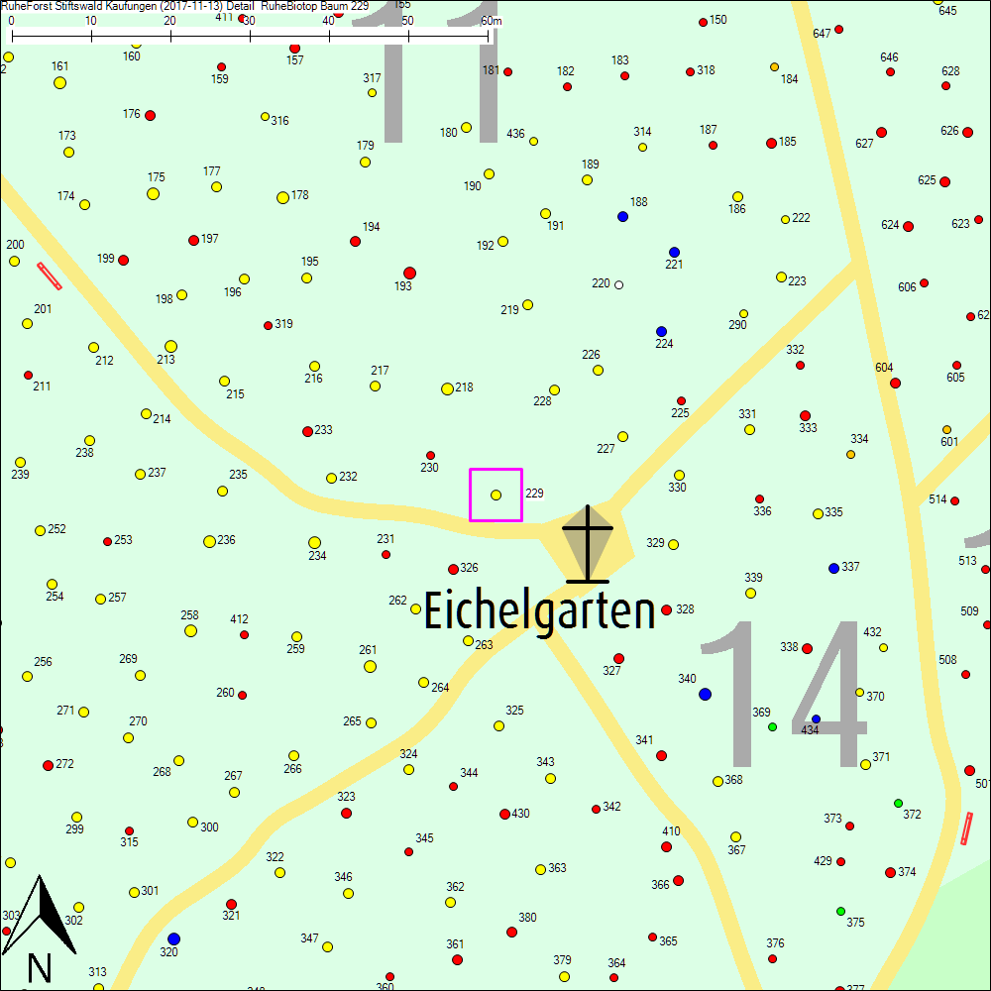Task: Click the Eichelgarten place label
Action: tap(540, 611)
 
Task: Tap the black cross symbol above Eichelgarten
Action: tap(589, 544)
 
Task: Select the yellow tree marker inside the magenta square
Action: tap(496, 495)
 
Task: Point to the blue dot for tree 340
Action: tap(705, 694)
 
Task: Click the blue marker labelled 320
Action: tap(173, 938)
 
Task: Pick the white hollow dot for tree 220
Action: tap(619, 284)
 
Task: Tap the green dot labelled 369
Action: tap(772, 726)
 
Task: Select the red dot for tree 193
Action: tap(409, 273)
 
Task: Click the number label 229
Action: tap(534, 493)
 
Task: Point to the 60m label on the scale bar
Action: tap(491, 21)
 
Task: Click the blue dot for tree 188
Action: tap(622, 216)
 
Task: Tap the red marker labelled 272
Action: tap(48, 765)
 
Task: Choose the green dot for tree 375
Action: tap(840, 911)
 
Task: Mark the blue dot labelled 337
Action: tap(833, 568)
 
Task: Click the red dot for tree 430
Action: tap(504, 815)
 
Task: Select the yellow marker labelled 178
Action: tap(282, 197)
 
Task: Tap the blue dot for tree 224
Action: tap(661, 331)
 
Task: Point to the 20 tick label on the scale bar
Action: tap(169, 21)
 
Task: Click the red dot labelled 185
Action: tap(771, 143)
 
